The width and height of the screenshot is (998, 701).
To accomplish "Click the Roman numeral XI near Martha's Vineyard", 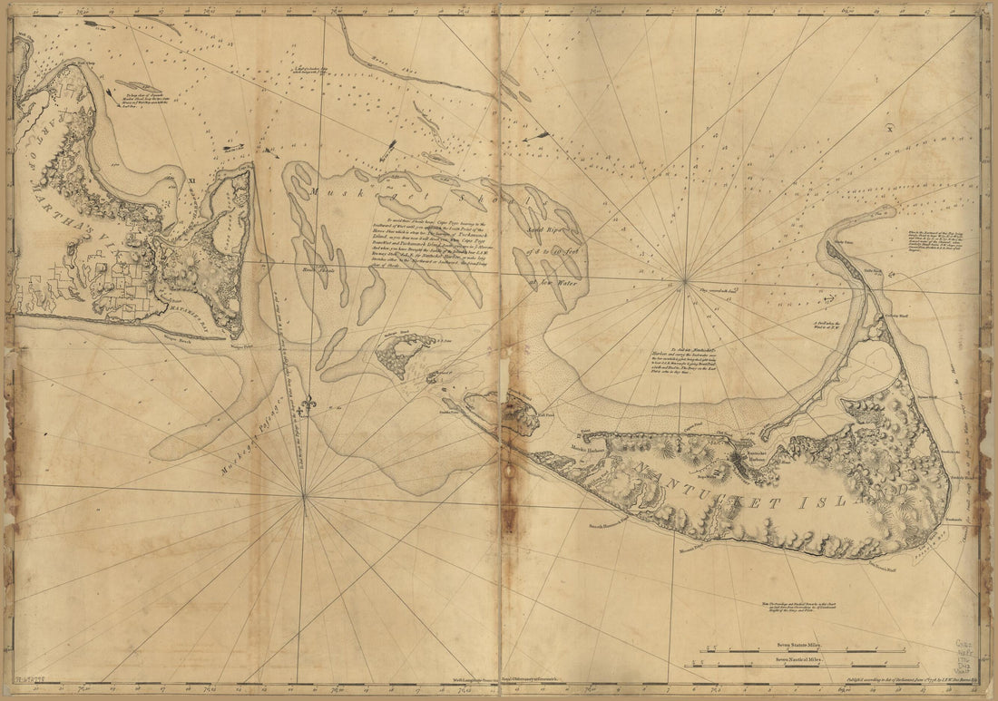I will tap(191, 182).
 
